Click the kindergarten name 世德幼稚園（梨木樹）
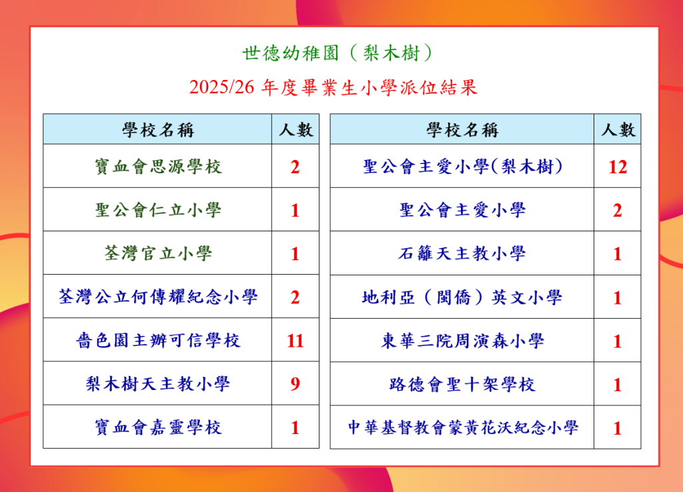pyautogui.click(x=337, y=53)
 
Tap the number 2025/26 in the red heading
pyautogui.click(x=221, y=87)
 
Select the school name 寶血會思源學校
pyautogui.click(x=158, y=167)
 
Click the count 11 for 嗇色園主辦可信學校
pyautogui.click(x=295, y=341)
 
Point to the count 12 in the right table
pyautogui.click(x=617, y=167)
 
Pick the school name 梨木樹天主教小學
pyautogui.click(x=157, y=384)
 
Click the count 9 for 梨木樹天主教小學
pyautogui.click(x=295, y=383)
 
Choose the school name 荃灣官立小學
pyautogui.click(x=158, y=253)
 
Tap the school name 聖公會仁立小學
pyautogui.click(x=158, y=210)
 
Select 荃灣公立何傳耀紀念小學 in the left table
pyautogui.click(x=158, y=297)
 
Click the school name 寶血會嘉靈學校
pyautogui.click(x=158, y=427)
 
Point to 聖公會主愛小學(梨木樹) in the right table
pyautogui.click(x=463, y=167)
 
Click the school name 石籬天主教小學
pyautogui.click(x=462, y=253)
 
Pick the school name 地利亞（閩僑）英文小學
pyautogui.click(x=462, y=297)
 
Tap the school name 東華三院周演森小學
pyautogui.click(x=462, y=341)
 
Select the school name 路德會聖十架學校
pyautogui.click(x=462, y=385)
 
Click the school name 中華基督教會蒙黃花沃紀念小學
pyautogui.click(x=463, y=427)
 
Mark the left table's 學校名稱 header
pyautogui.click(x=157, y=130)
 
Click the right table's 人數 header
pyautogui.click(x=618, y=129)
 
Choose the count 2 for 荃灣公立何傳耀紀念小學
pyautogui.click(x=295, y=297)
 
